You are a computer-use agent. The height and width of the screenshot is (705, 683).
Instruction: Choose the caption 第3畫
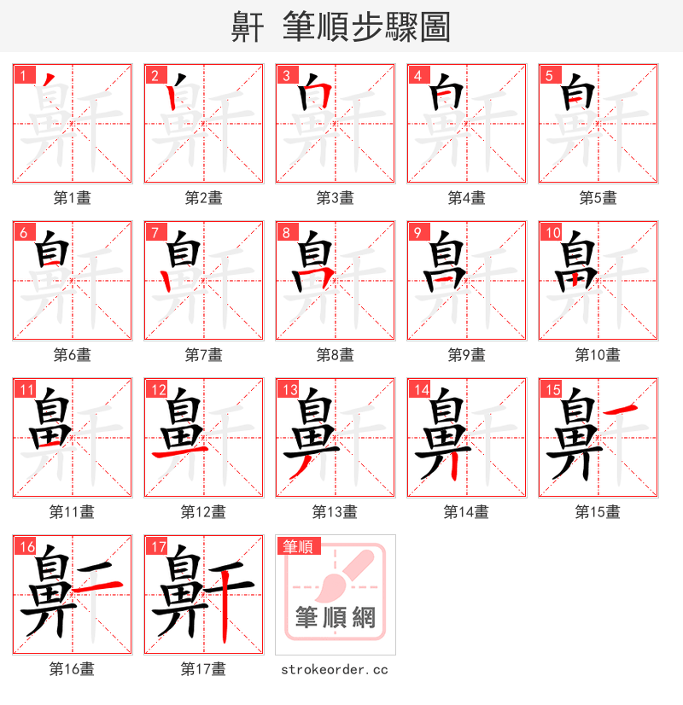pyautogui.click(x=335, y=198)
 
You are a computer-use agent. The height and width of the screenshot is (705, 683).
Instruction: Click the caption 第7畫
pyautogui.click(x=203, y=355)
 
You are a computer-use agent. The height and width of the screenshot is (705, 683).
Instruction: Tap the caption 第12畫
pyautogui.click(x=203, y=512)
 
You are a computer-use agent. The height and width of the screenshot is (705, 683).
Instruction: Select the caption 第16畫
pyautogui.click(x=72, y=669)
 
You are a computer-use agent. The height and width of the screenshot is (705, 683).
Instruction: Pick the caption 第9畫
pyautogui.click(x=466, y=355)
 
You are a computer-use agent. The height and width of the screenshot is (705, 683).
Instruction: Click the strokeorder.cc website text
pyautogui.click(x=335, y=670)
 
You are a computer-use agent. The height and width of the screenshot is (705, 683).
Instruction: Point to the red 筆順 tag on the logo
pyautogui.click(x=298, y=546)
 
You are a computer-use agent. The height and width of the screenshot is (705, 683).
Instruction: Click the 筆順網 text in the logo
pyautogui.click(x=335, y=616)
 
